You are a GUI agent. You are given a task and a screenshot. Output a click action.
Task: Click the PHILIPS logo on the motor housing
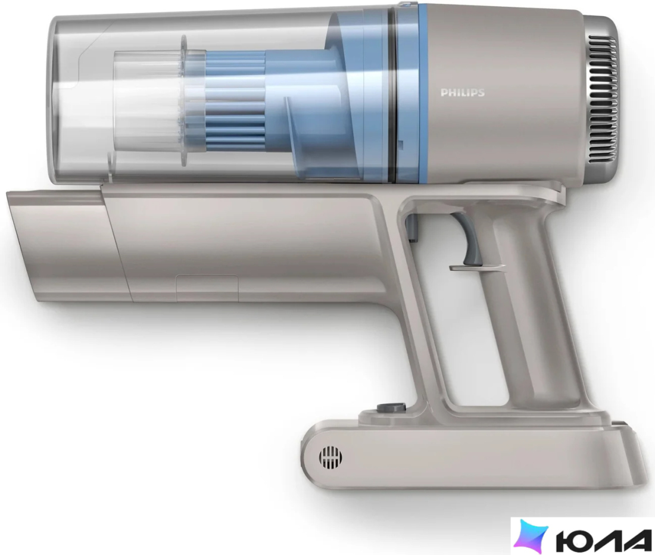coord(463,93)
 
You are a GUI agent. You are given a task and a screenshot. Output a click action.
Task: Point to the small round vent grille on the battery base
coord(330,457)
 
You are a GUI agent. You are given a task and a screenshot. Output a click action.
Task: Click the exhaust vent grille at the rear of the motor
coord(603,99)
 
